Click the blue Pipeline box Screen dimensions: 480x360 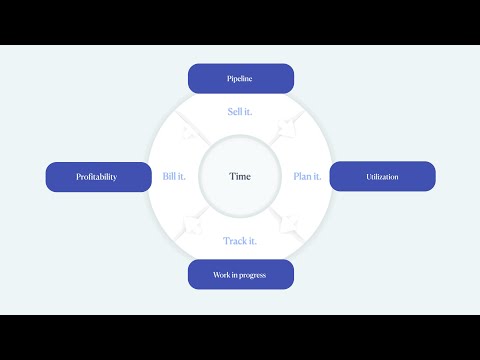tap(241, 78)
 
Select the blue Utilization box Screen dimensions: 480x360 tap(382, 176)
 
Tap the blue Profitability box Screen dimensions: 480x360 tap(97, 177)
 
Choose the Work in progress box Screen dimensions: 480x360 tap(241, 274)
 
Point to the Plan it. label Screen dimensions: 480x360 tap(307, 177)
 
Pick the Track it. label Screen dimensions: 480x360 tap(240, 241)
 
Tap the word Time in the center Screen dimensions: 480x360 tap(240, 177)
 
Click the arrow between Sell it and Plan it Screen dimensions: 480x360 tap(289, 128)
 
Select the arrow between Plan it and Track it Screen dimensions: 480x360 tap(289, 225)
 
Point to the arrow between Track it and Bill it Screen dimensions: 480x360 tap(192, 225)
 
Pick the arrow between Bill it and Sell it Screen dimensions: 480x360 tap(190, 128)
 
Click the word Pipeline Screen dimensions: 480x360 tap(241, 78)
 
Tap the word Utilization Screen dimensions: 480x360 tap(382, 177)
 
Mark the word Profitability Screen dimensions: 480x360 tap(97, 177)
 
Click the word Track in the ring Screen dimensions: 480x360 tap(234, 241)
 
